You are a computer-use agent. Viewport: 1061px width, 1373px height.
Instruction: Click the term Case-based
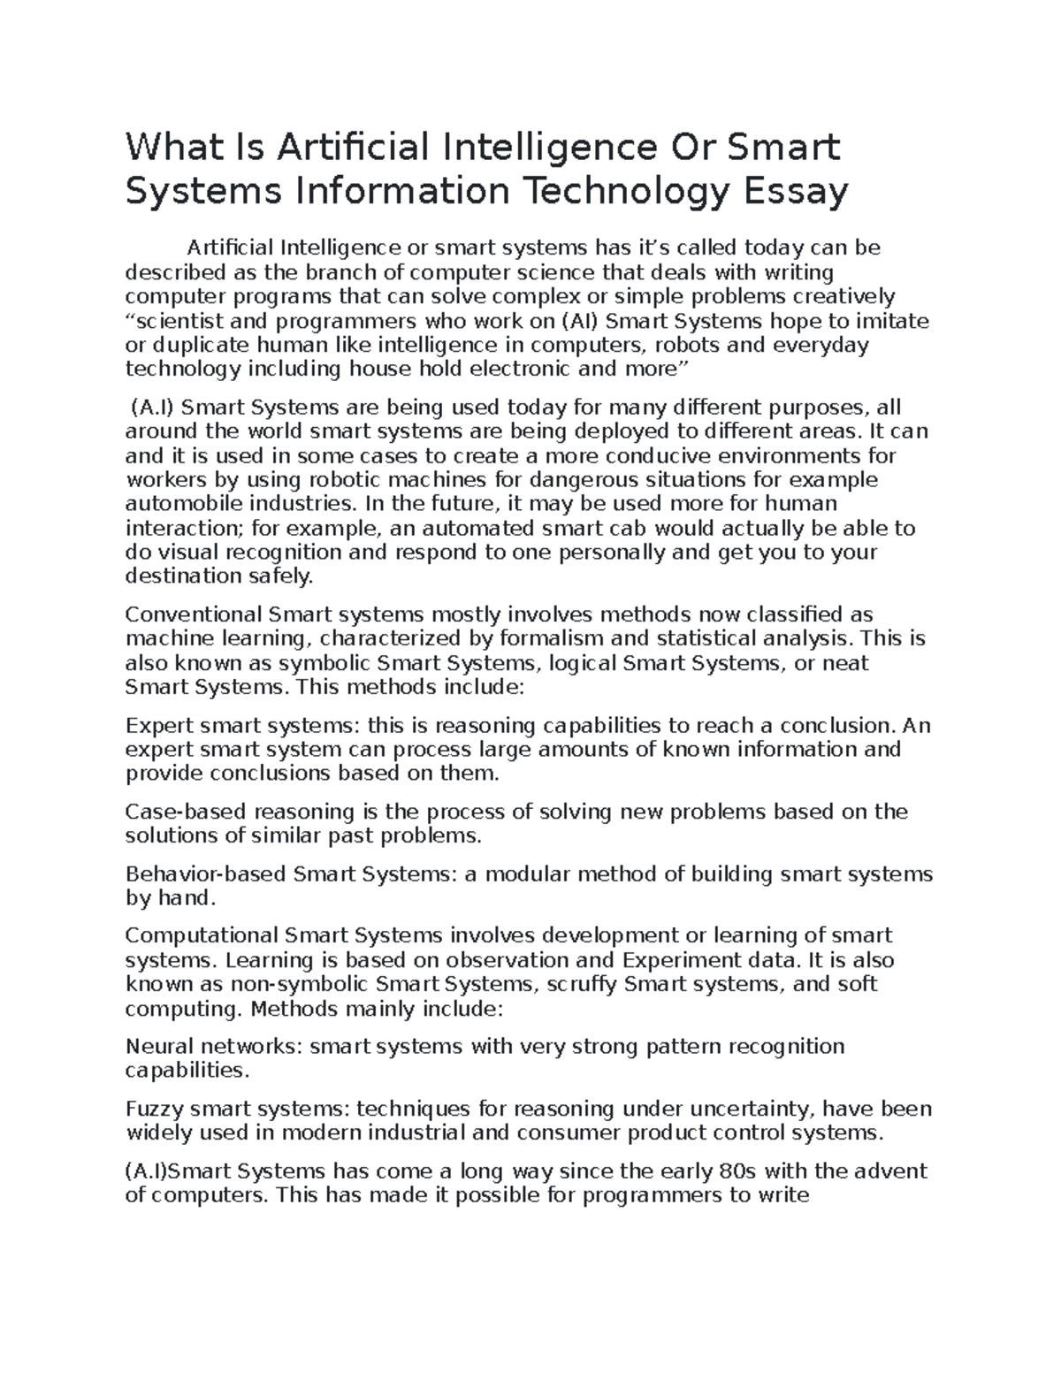coord(185,812)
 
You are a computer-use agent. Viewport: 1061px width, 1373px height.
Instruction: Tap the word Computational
coord(200,935)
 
